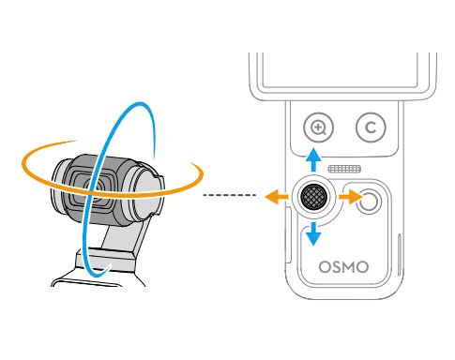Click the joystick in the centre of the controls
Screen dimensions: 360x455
click(312, 197)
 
